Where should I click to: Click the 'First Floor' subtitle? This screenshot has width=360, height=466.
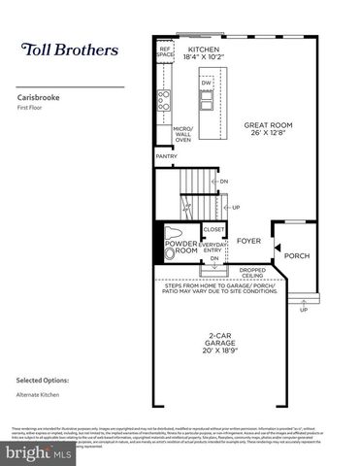(32, 108)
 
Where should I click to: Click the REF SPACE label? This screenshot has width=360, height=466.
(165, 50)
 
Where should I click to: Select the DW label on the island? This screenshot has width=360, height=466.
(206, 83)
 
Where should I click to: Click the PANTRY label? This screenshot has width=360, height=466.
(166, 155)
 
